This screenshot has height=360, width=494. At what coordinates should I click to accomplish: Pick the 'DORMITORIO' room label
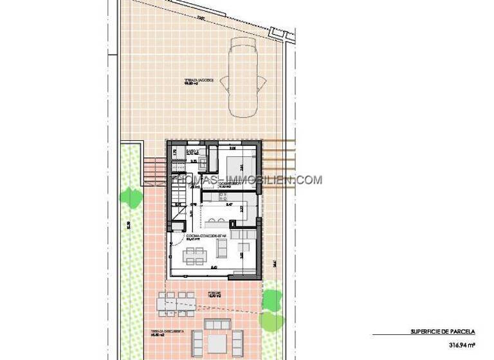pyautogui.click(x=230, y=183)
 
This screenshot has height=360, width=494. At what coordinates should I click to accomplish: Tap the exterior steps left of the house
pyautogui.click(x=152, y=170)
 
